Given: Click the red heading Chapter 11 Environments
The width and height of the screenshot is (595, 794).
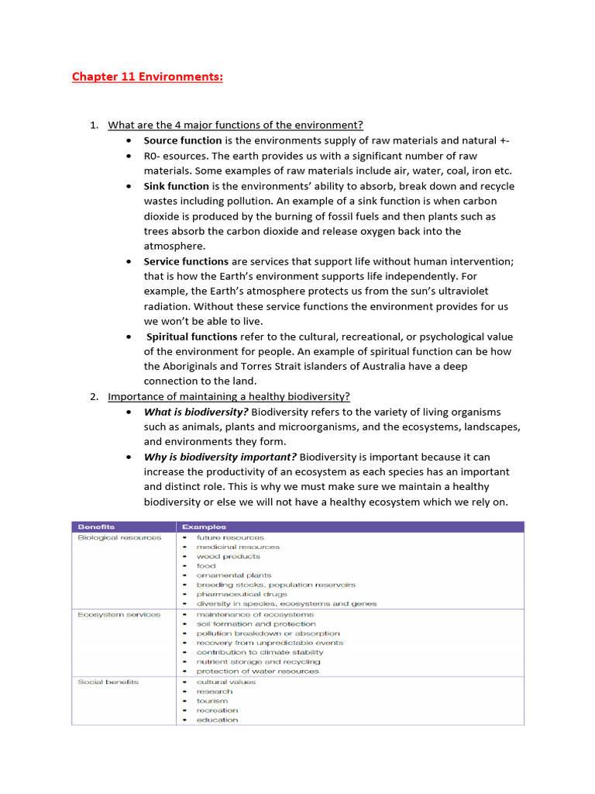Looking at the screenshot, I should pyautogui.click(x=147, y=77).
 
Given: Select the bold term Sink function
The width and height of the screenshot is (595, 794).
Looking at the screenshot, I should pyautogui.click(x=176, y=186).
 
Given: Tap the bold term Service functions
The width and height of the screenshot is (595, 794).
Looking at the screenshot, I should pyautogui.click(x=186, y=261).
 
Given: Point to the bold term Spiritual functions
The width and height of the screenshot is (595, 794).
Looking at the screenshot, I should pyautogui.click(x=192, y=337).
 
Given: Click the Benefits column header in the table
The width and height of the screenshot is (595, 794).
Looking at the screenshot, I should pyautogui.click(x=96, y=527).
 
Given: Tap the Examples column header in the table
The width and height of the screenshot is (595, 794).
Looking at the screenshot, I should pyautogui.click(x=205, y=527).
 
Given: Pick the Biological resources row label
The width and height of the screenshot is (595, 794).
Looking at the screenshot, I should pyautogui.click(x=119, y=537).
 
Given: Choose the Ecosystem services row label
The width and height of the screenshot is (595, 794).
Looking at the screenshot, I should pyautogui.click(x=119, y=614).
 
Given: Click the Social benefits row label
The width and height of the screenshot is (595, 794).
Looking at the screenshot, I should pyautogui.click(x=108, y=682).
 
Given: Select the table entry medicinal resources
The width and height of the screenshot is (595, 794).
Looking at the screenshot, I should pyautogui.click(x=238, y=547).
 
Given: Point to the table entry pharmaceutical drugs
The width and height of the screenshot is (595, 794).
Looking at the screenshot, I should pyautogui.click(x=242, y=594).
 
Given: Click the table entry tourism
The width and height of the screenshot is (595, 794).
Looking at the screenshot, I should pyautogui.click(x=212, y=701).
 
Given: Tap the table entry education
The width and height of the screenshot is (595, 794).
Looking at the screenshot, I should pyautogui.click(x=217, y=720).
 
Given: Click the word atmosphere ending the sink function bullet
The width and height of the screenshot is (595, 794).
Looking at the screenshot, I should pyautogui.click(x=174, y=246).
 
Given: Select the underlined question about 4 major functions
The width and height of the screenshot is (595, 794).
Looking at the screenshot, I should pyautogui.click(x=235, y=126).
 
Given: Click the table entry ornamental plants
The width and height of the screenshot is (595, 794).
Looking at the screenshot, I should pyautogui.click(x=234, y=575).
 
